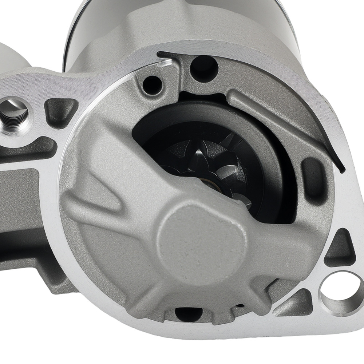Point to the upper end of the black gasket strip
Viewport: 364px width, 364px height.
point(160,55)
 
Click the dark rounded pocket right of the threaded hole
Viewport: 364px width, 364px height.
point(61,111)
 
